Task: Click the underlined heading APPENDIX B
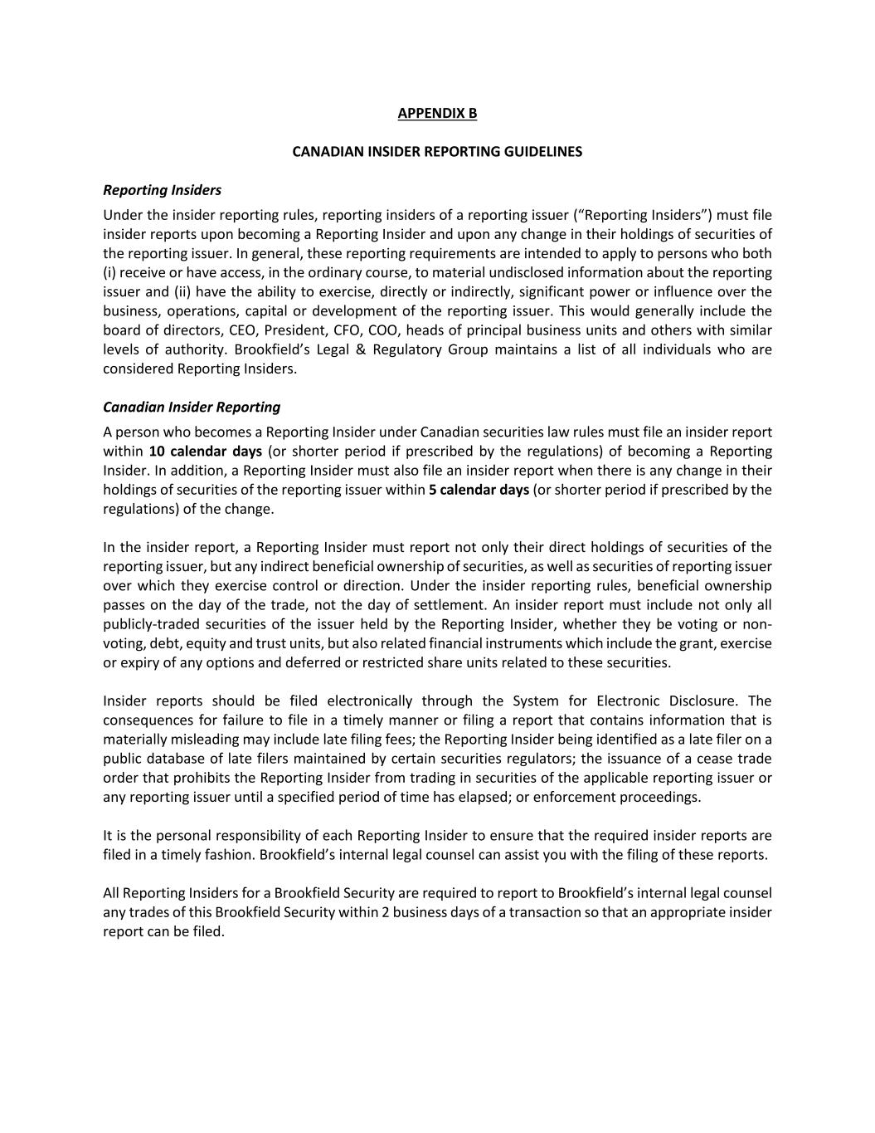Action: click(x=437, y=113)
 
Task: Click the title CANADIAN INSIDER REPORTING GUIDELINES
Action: click(x=437, y=151)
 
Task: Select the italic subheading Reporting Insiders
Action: click(x=162, y=190)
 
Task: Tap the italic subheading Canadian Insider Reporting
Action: click(x=192, y=407)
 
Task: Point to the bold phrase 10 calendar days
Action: click(x=205, y=451)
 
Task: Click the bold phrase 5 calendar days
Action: click(x=479, y=489)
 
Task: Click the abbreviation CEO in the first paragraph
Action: click(x=242, y=330)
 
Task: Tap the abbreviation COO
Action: click(x=383, y=330)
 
